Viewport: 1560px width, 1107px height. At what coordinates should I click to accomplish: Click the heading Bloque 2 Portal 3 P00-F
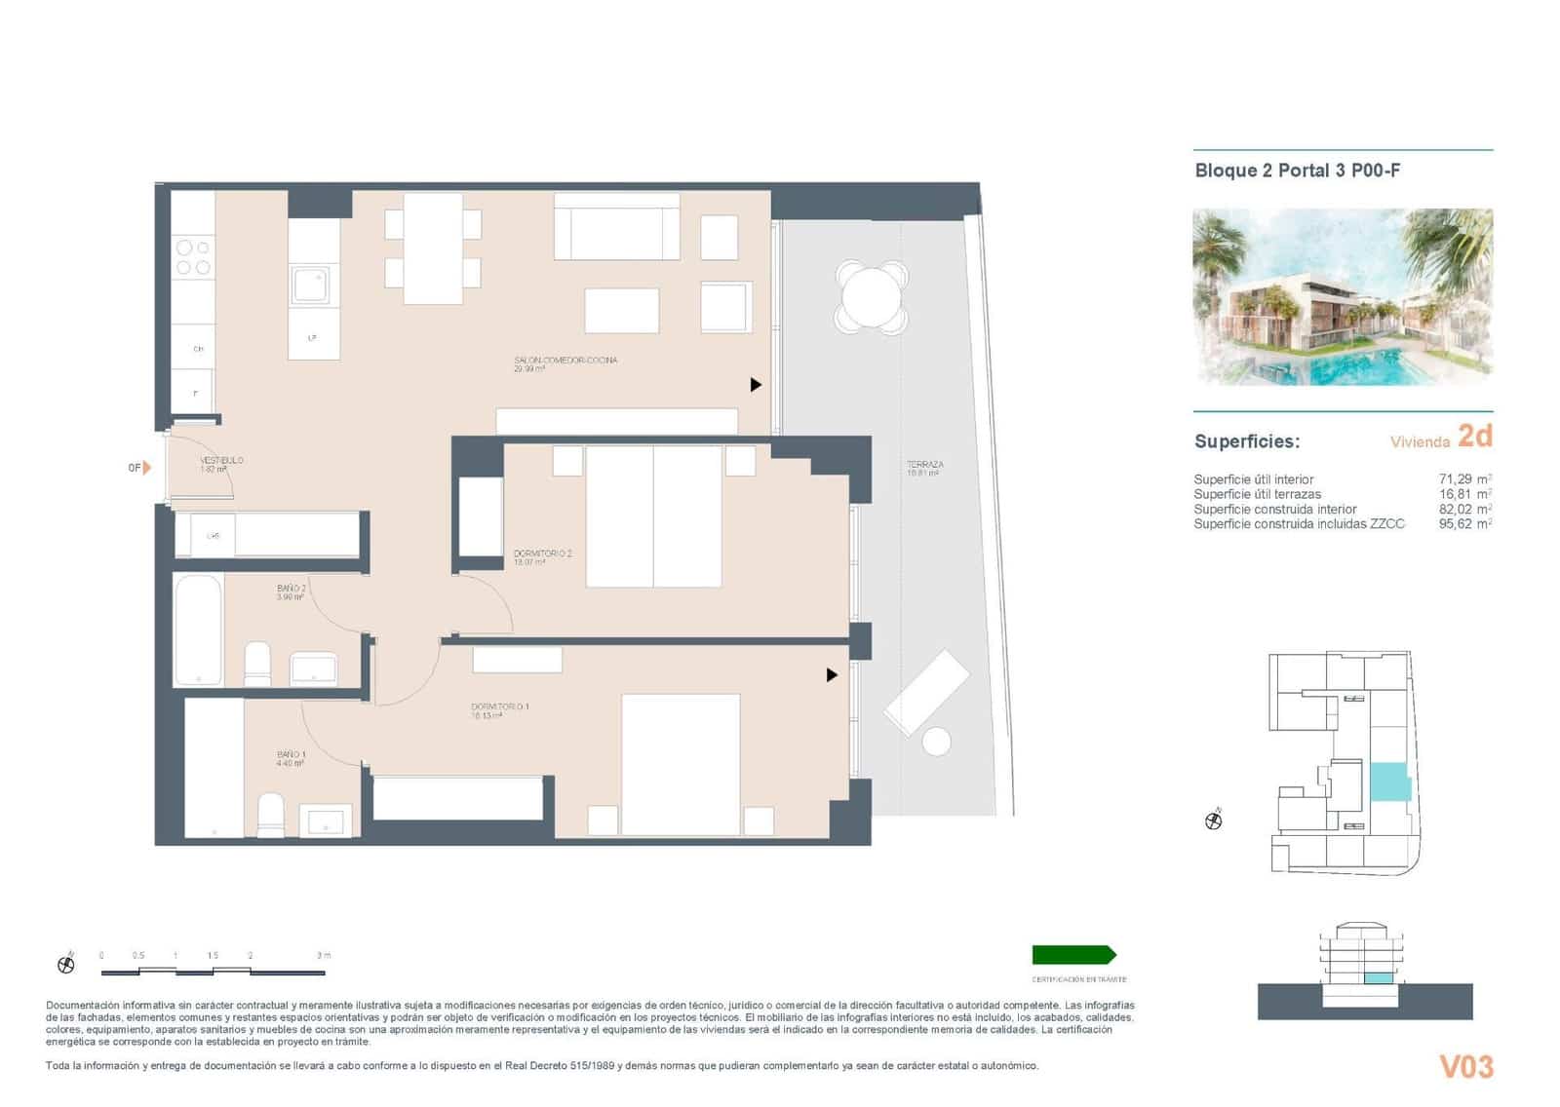click(x=1297, y=171)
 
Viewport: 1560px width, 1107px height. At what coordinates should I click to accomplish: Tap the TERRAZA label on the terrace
click(x=923, y=466)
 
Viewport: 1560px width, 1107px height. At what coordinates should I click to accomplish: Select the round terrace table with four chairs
click(x=872, y=297)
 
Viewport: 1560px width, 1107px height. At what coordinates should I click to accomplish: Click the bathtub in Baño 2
click(x=198, y=630)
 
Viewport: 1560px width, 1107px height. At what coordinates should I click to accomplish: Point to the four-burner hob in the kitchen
click(x=192, y=257)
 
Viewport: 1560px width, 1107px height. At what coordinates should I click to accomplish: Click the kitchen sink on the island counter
click(x=312, y=286)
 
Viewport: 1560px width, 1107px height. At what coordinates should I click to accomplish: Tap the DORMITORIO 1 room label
click(x=499, y=706)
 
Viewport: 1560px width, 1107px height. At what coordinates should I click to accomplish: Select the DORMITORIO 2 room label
click(x=542, y=553)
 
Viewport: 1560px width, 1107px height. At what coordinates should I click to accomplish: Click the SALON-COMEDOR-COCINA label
click(x=565, y=361)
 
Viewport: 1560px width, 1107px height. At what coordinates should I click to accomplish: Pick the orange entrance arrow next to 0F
click(x=147, y=468)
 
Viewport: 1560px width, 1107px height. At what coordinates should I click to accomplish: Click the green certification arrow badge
click(x=1073, y=955)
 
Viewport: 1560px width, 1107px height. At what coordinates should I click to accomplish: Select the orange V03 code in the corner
click(x=1466, y=1067)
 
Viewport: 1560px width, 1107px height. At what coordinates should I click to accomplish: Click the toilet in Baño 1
click(x=270, y=815)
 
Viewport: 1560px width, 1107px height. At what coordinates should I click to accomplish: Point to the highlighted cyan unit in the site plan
click(x=1390, y=782)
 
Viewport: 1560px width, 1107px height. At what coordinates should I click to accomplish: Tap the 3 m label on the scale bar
click(x=323, y=955)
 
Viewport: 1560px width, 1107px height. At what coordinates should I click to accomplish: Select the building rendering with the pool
click(x=1343, y=296)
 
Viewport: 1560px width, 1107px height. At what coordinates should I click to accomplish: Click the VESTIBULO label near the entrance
click(x=221, y=460)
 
